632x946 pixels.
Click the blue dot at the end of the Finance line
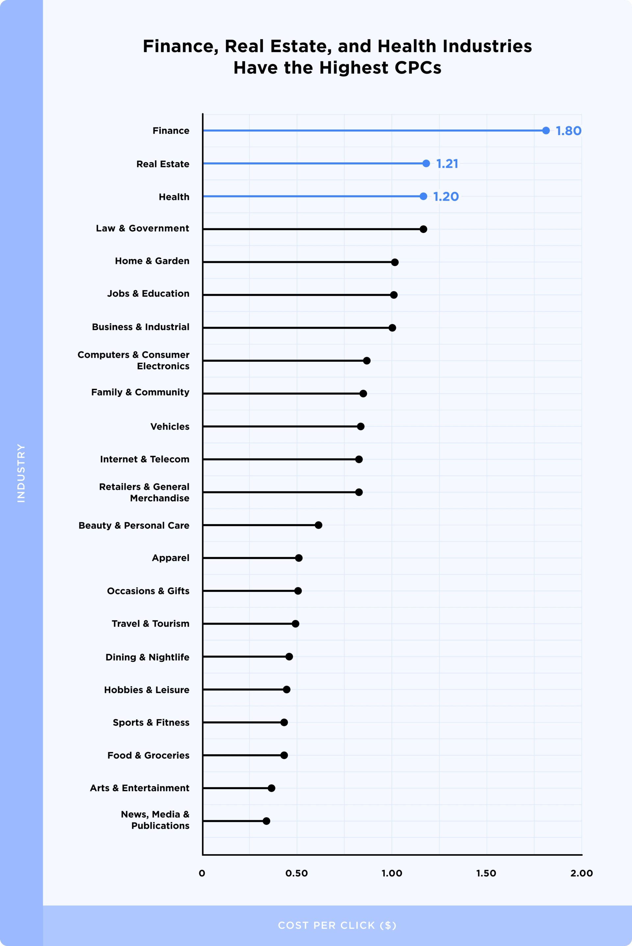pos(546,131)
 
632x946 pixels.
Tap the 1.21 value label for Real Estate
pos(447,164)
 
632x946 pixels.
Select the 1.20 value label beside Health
pos(446,196)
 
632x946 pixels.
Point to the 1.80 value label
pos(568,131)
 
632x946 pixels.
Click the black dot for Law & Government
pos(423,229)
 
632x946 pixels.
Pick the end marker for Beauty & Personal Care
pos(318,525)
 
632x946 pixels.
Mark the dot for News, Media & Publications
pos(266,821)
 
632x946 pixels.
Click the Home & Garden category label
pos(152,261)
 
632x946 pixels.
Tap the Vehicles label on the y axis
pos(170,427)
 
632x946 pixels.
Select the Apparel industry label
pos(171,558)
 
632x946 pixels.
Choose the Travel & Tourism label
pos(150,624)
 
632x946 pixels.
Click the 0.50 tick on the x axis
pos(297,874)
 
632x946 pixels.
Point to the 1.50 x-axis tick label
pos(486,874)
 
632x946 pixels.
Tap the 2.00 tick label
pos(581,874)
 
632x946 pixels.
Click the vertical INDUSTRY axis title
pos(21,473)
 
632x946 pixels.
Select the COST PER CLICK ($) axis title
pos(337,926)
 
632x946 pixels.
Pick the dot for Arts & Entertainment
pos(272,788)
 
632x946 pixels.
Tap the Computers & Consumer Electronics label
pos(133,360)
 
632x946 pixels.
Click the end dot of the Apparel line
pos(299,558)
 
